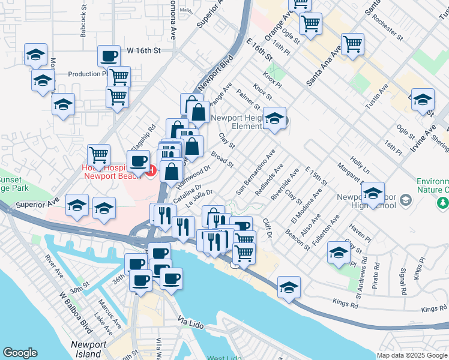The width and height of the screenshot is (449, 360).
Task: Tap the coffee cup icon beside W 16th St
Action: pos(109,56)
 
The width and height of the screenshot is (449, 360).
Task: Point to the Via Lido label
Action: pos(193,323)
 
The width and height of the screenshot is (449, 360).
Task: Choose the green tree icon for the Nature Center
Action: pos(443,203)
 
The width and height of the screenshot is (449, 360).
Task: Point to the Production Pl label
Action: pos(88,74)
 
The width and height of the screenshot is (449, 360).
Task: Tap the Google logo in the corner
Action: pos(20,353)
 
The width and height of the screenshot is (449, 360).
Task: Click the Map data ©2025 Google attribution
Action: pos(412,355)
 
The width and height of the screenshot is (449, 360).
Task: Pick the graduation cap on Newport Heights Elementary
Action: pos(275,119)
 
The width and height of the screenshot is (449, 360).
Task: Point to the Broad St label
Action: pos(221,160)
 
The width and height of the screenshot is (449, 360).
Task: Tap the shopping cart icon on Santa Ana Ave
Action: pos(353,44)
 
